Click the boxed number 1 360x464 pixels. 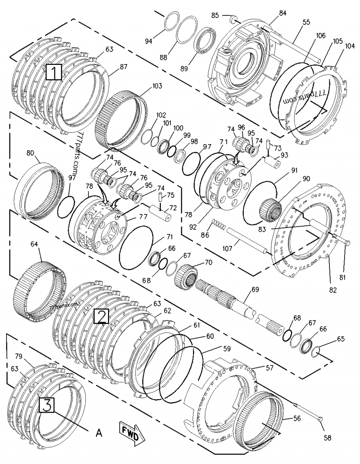pyautogui.click(x=54, y=72)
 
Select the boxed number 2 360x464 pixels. pyautogui.click(x=101, y=316)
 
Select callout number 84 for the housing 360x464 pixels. pyautogui.click(x=283, y=13)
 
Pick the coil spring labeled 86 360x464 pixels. pyautogui.click(x=218, y=224)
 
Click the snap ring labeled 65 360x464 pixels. pyautogui.click(x=316, y=350)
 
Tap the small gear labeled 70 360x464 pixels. pyautogui.click(x=186, y=274)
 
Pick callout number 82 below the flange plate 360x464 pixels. pyautogui.click(x=333, y=290)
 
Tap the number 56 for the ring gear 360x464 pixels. pyautogui.click(x=297, y=418)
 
